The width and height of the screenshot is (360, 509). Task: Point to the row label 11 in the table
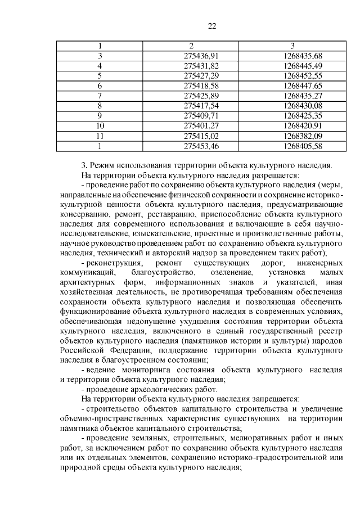100,135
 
